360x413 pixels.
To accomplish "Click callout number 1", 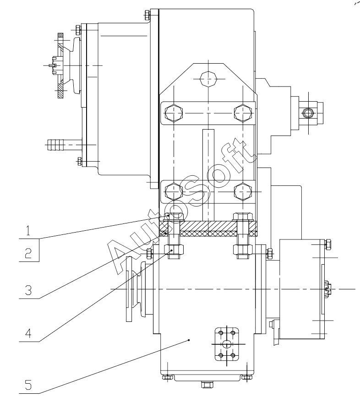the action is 28,230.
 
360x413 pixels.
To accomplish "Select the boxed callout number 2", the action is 28,253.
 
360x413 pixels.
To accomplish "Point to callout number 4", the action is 28,333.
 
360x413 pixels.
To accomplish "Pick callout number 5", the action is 28,385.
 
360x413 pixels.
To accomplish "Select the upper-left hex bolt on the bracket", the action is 174,113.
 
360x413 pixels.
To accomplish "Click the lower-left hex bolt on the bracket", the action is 174,191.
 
